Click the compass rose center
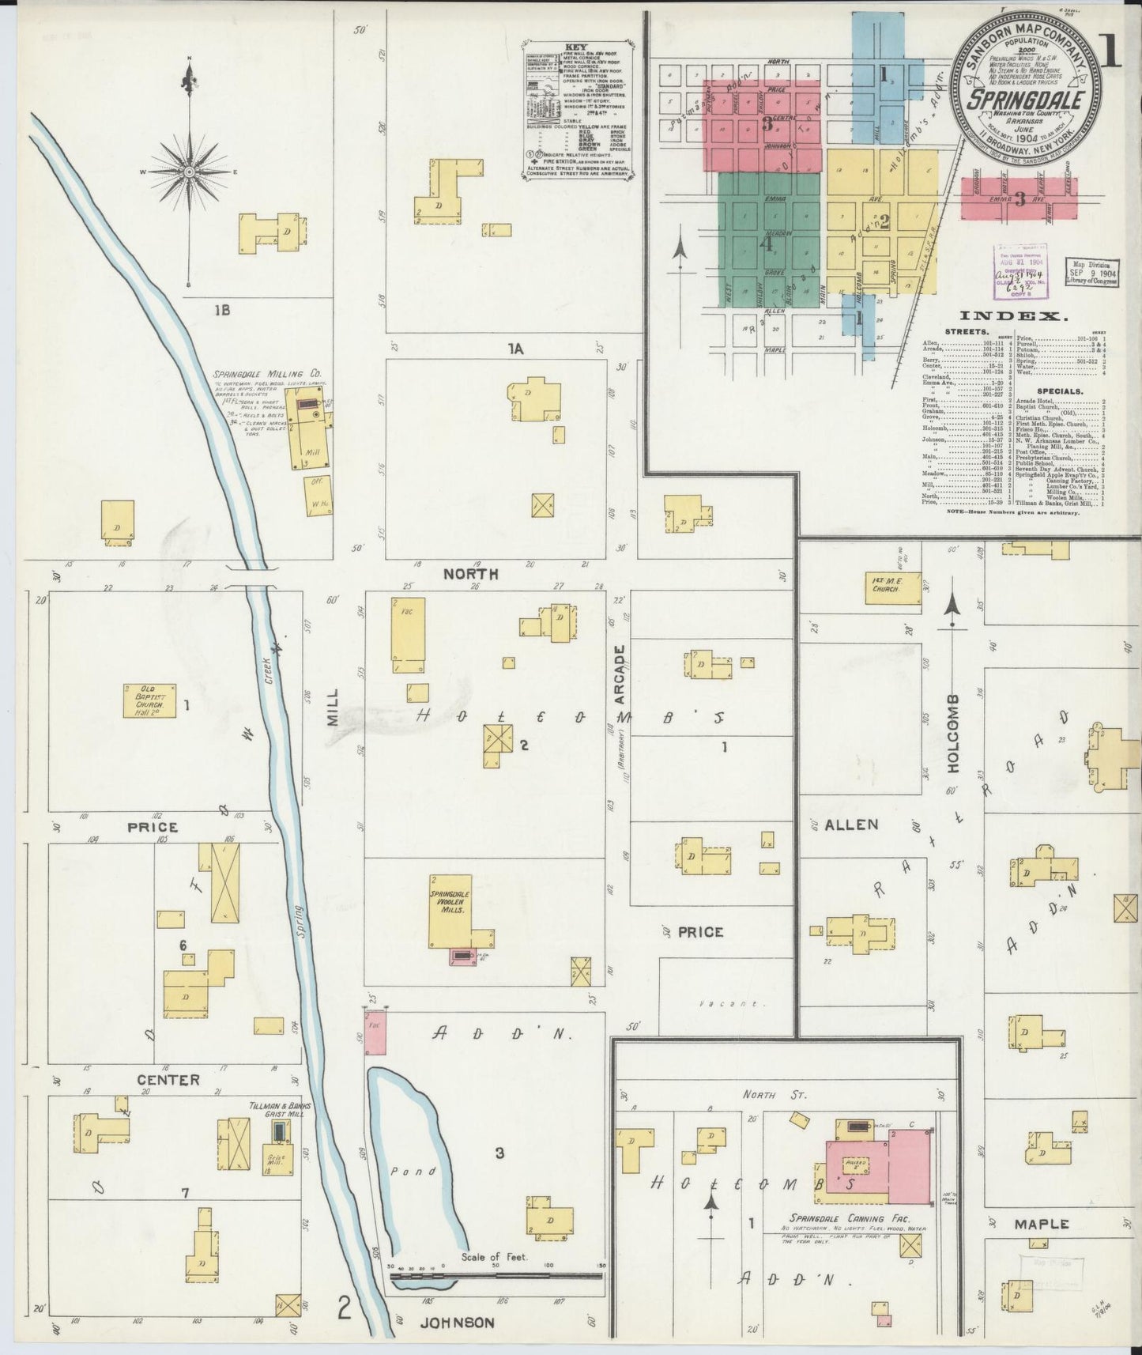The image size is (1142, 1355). (x=190, y=171)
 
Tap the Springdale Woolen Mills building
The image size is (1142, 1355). (x=450, y=909)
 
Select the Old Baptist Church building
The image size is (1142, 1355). (x=149, y=700)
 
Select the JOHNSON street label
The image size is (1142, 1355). (x=457, y=1322)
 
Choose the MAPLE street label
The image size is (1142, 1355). (x=1042, y=1224)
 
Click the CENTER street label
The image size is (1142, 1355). (x=168, y=1079)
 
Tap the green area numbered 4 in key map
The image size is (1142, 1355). (x=765, y=243)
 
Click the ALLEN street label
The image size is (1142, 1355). (x=851, y=825)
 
